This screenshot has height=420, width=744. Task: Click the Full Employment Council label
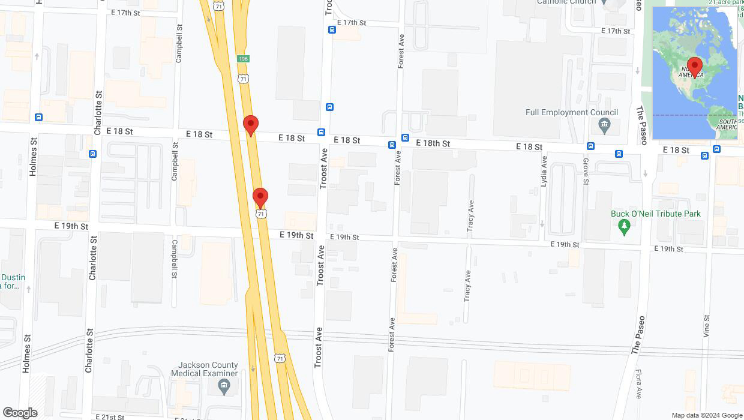571,112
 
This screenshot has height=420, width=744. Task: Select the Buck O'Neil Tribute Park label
656,214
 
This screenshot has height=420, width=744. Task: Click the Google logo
20,413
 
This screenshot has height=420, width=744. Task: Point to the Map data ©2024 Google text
707,415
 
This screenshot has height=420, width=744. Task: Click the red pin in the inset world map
695,67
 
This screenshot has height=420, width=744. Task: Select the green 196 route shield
242,59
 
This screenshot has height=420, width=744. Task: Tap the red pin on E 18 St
251,125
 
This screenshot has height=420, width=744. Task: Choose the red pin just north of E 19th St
260,197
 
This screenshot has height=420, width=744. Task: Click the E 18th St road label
433,143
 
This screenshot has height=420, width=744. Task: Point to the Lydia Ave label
544,171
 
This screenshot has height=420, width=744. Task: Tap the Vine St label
707,327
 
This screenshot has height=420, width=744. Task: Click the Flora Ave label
640,384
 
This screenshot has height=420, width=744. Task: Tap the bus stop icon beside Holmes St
39,117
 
